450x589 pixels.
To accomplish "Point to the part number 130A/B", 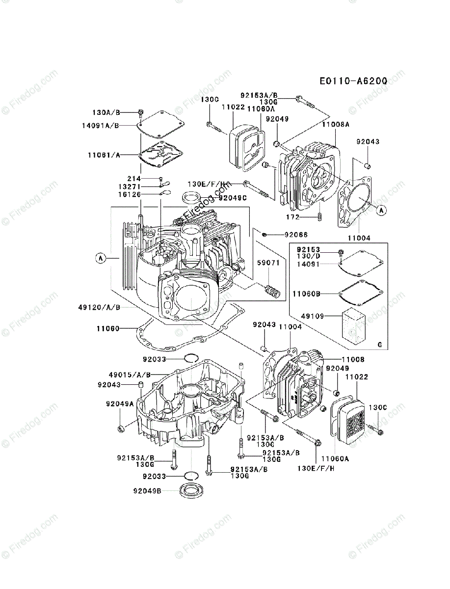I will tap(106, 112).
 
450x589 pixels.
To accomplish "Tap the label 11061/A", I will tap(104, 154).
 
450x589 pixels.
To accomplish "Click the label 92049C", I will tap(233, 198).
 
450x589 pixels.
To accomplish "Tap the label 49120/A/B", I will tap(99, 307).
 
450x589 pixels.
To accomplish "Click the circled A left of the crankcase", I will tap(101, 258).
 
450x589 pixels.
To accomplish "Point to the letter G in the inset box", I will tap(379, 345).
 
